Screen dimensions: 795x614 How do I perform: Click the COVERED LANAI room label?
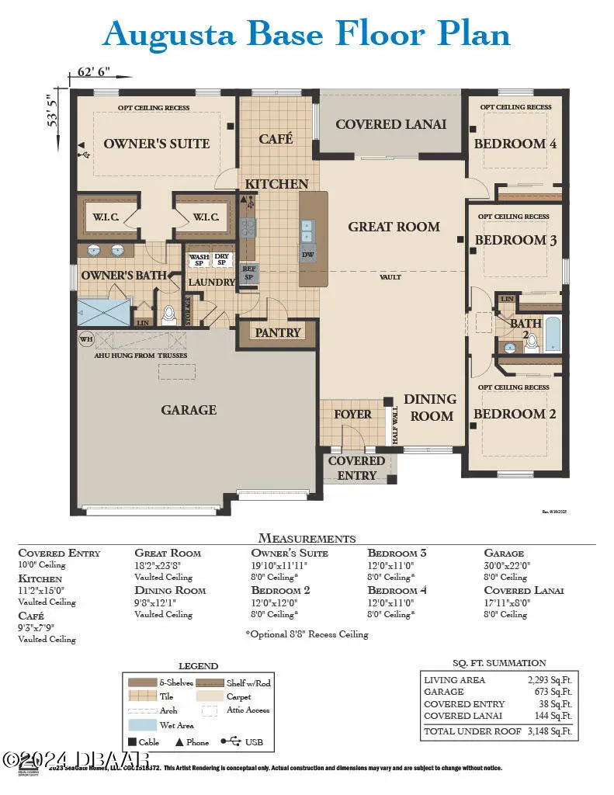(x=390, y=124)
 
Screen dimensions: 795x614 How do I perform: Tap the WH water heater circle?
(x=86, y=339)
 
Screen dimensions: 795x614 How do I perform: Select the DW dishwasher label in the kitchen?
(x=308, y=254)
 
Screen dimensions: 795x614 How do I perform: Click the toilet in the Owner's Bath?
(x=168, y=314)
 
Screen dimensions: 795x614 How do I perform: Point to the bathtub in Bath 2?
(x=553, y=334)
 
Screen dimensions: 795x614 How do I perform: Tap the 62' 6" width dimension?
(x=94, y=71)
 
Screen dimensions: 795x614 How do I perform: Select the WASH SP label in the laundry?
(x=199, y=260)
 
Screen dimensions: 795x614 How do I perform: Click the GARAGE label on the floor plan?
(x=189, y=410)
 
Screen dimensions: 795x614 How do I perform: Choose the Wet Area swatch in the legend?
(x=142, y=724)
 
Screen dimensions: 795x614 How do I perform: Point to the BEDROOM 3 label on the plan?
(x=515, y=241)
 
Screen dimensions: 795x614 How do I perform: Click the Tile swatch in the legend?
(x=142, y=696)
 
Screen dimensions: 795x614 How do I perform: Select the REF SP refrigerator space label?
(x=249, y=273)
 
